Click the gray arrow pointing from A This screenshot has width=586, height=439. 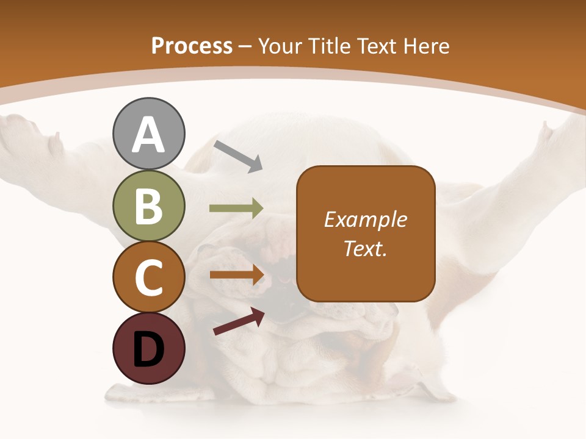[x=237, y=156]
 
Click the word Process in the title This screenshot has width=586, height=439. [x=192, y=46]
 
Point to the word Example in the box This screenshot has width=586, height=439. [x=366, y=220]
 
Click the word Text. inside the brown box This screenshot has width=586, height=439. [x=366, y=248]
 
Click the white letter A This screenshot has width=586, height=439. [x=148, y=135]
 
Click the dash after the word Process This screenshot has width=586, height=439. [x=245, y=46]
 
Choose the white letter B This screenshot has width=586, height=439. [x=148, y=206]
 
